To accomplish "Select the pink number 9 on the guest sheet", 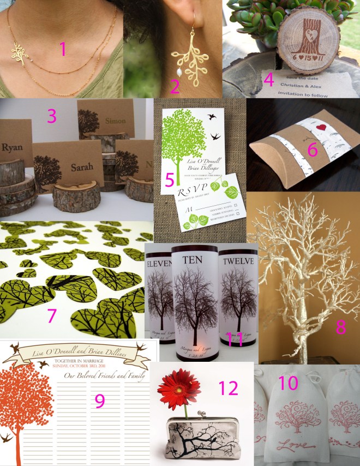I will point(99,401).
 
